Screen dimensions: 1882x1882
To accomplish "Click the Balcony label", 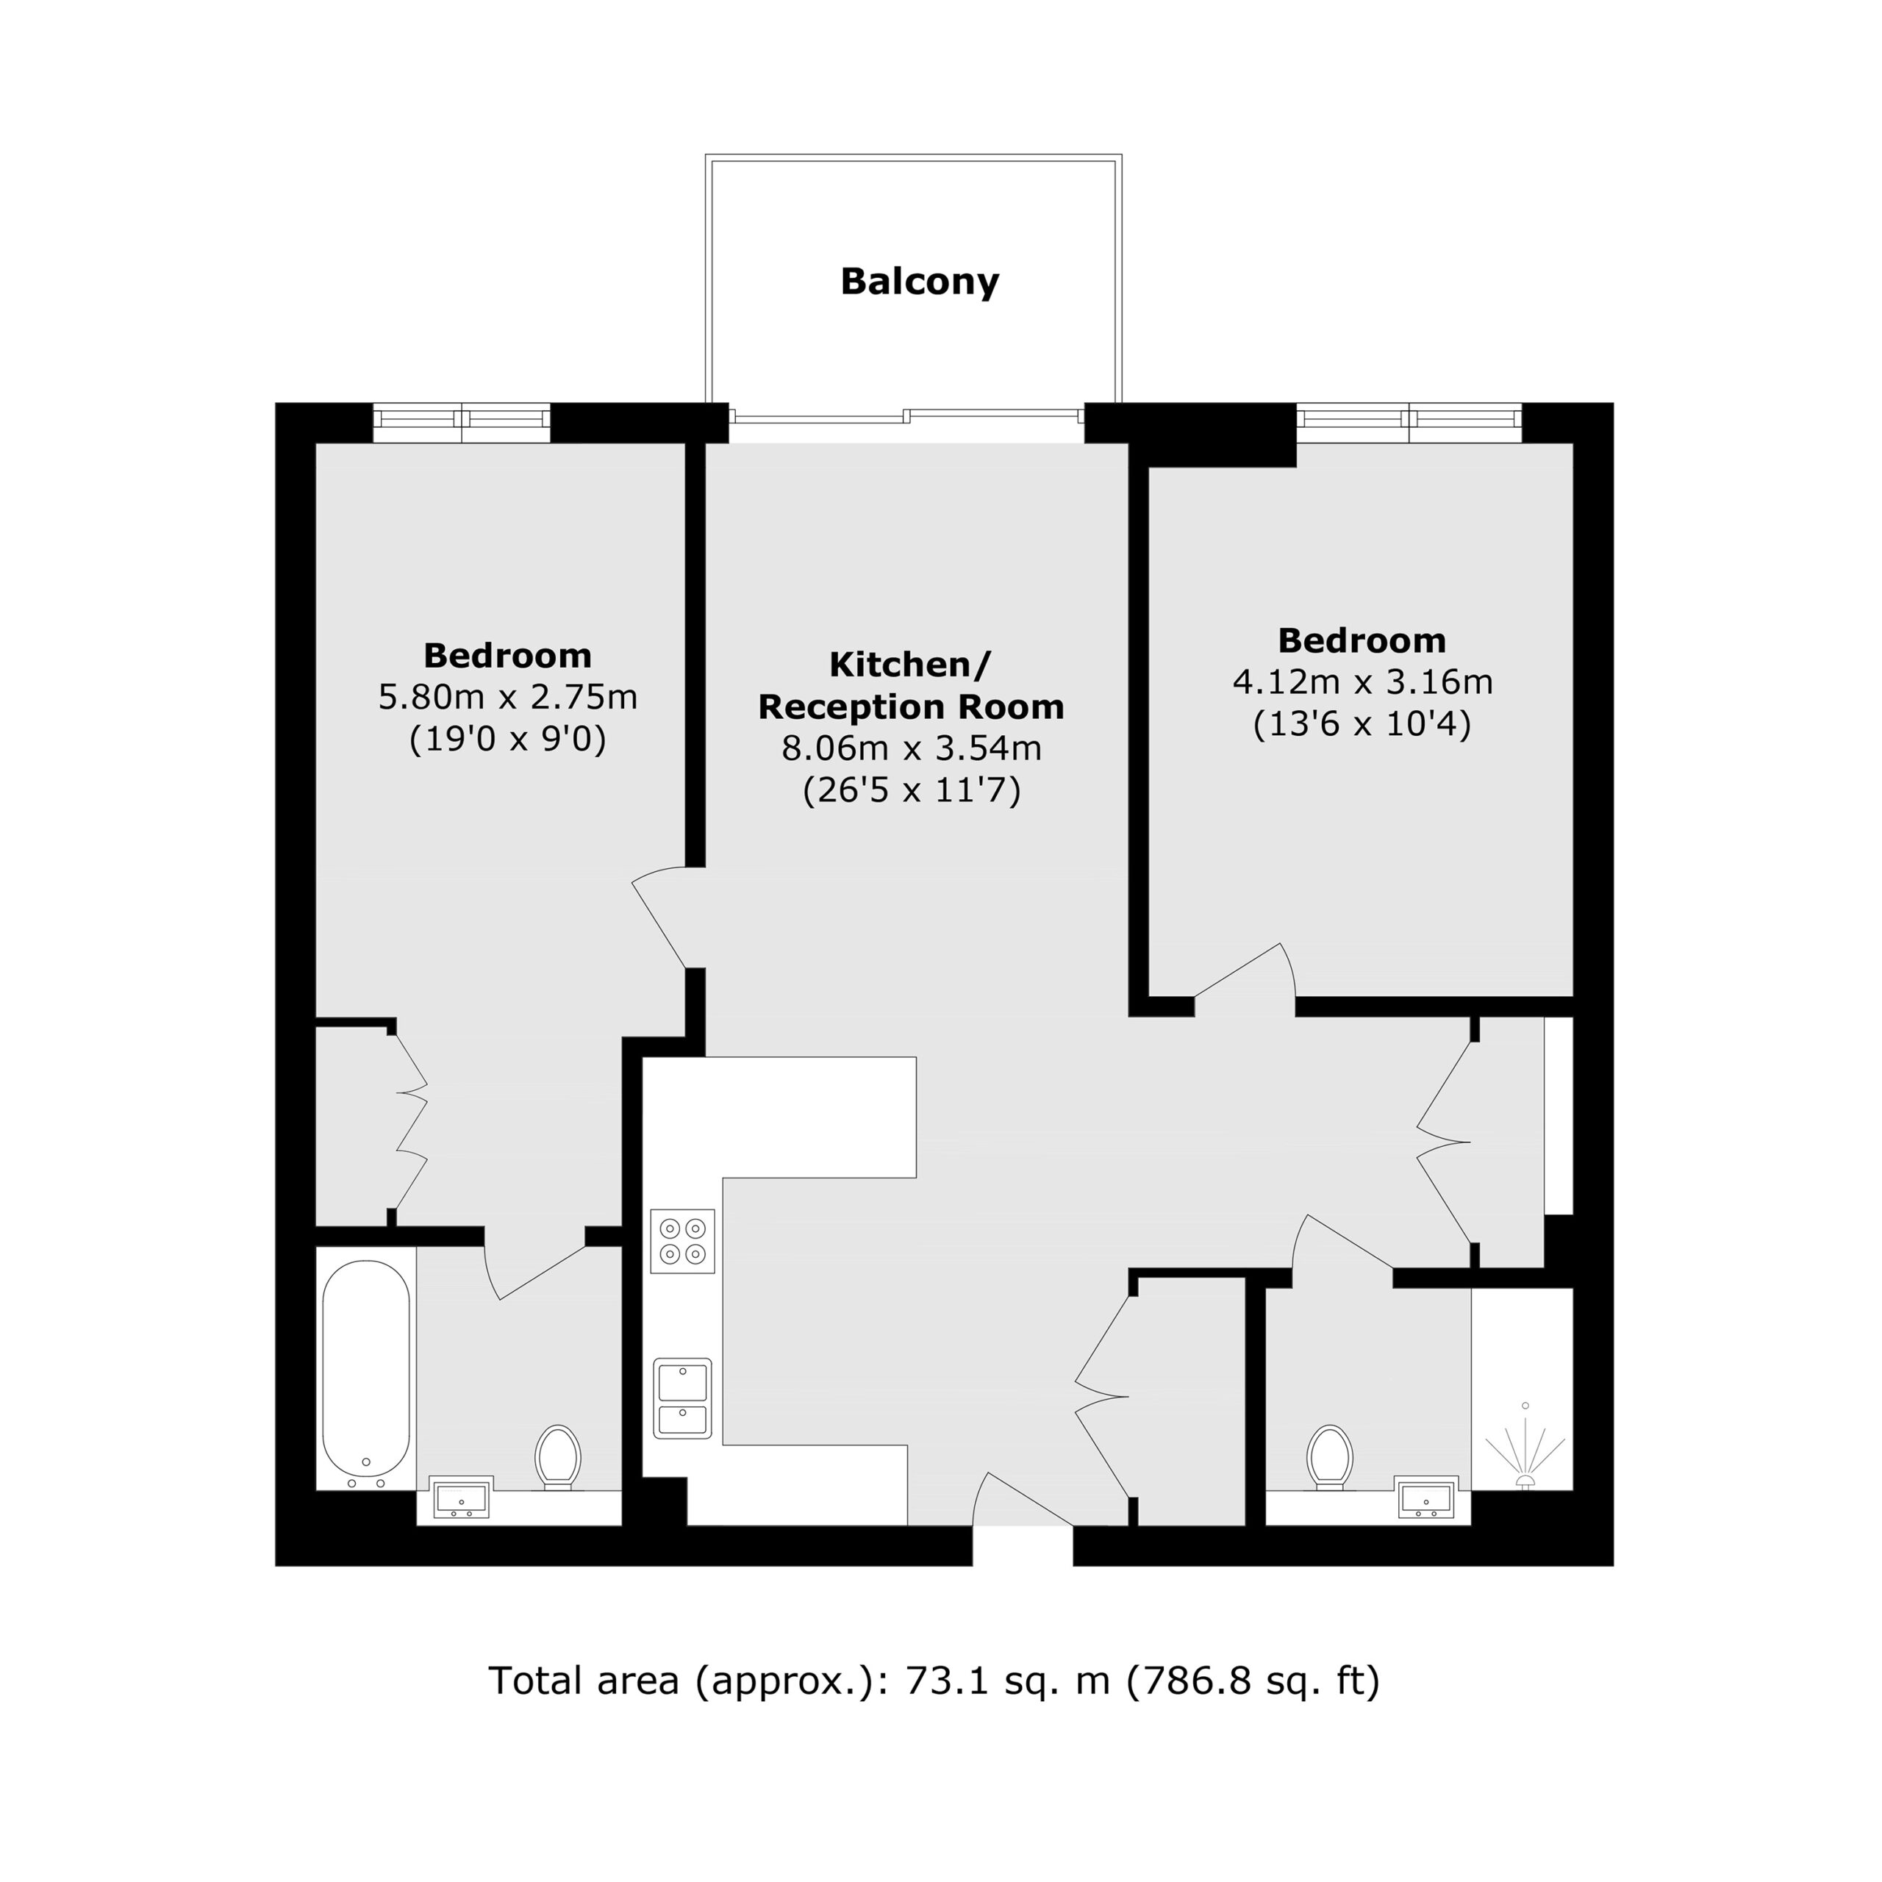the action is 920,282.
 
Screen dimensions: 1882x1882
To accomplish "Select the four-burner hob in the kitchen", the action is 683,1241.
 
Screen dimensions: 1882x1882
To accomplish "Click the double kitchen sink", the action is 683,1398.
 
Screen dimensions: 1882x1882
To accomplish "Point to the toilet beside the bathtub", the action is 558,1457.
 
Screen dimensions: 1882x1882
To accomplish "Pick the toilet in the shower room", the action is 1331,1457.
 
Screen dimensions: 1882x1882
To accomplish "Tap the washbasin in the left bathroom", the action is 462,1501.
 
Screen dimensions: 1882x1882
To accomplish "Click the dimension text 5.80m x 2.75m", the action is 507,698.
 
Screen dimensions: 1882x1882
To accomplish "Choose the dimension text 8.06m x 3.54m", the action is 912,748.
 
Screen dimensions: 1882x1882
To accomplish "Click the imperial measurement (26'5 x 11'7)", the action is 912,791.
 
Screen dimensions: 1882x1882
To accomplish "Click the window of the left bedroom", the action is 462,423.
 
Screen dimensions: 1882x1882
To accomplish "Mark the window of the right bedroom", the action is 1409,423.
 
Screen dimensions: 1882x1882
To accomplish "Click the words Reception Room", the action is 912,707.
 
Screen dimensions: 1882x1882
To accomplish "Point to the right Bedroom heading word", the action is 1362,640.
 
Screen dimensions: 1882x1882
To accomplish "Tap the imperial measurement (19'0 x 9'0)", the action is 507,740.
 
